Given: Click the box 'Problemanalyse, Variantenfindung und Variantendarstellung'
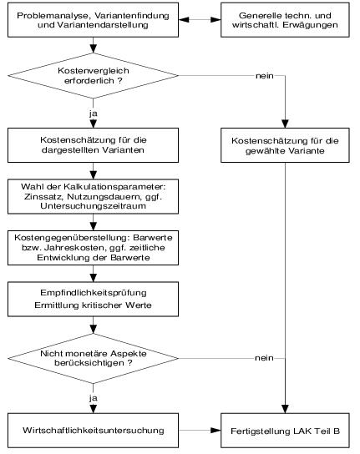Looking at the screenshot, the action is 93,20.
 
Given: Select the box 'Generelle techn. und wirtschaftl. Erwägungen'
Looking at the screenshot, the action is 285,20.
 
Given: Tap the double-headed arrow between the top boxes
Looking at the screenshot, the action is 200,20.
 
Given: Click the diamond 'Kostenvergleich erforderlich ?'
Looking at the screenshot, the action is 93,76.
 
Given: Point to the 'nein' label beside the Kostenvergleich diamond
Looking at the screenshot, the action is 265,76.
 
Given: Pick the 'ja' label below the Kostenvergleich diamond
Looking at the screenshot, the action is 94,113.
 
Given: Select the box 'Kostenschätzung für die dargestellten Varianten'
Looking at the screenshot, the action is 93,145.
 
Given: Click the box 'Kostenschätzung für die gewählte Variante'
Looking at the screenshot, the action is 285,145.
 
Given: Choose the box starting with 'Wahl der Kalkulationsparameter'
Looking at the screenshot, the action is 93,197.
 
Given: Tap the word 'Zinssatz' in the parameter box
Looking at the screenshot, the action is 43,197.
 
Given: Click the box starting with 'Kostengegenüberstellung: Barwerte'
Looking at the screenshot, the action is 93,248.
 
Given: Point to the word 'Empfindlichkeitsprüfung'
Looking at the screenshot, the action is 94,293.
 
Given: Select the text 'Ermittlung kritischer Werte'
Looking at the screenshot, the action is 93,305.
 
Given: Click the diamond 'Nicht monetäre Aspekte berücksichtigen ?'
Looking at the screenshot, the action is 93,359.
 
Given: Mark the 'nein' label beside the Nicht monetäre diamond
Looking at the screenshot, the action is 264,358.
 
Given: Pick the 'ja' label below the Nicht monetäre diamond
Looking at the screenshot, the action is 94,398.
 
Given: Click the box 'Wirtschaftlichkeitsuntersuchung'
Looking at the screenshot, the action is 93,431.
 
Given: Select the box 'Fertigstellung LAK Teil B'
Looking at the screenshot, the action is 285,431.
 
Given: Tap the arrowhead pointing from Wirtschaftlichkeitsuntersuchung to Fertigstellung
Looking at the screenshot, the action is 215,431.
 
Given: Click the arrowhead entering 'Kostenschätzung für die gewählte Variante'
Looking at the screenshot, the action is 285,124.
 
